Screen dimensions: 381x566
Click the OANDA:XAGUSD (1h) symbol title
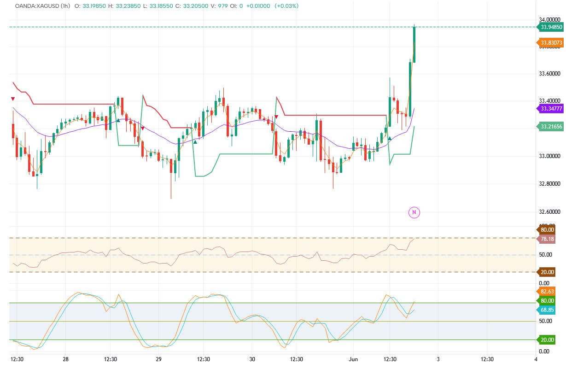(42, 6)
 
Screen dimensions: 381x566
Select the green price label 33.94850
(551, 27)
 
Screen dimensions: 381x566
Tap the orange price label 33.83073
(551, 43)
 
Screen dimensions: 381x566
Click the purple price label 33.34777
(551, 109)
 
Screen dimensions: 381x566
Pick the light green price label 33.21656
(551, 126)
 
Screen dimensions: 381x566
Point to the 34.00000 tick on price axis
(549, 19)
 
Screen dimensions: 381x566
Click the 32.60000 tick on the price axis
(549, 211)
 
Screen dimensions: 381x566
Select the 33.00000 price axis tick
(549, 156)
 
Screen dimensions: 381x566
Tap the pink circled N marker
(414, 212)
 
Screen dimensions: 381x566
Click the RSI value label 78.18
(547, 239)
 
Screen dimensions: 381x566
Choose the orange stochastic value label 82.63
(547, 292)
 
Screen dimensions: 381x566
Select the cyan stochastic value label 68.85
(547, 310)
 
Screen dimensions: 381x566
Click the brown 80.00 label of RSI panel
(547, 229)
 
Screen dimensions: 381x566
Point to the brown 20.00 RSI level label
(547, 272)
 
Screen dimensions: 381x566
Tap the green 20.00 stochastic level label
(547, 340)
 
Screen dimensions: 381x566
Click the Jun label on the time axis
(353, 359)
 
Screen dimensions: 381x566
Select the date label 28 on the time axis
(65, 359)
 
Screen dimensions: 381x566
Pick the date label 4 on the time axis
(536, 359)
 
